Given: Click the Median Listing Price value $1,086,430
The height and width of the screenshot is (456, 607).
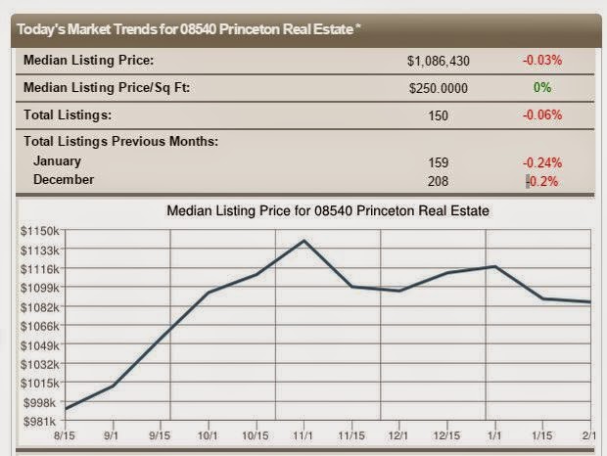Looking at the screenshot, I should pyautogui.click(x=438, y=61).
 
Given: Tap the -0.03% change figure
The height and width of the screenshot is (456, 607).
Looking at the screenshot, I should pyautogui.click(x=541, y=61).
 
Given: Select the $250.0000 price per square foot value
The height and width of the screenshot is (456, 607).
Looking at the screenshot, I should pyautogui.click(x=438, y=88).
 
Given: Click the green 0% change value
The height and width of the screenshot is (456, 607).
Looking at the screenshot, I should pyautogui.click(x=542, y=88).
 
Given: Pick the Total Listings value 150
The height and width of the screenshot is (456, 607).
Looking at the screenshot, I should pyautogui.click(x=438, y=115).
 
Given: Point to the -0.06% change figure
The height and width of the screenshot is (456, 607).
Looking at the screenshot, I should pyautogui.click(x=541, y=115).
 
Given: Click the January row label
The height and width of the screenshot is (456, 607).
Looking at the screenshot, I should pyautogui.click(x=57, y=161).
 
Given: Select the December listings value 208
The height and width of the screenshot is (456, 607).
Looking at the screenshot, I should pyautogui.click(x=438, y=180).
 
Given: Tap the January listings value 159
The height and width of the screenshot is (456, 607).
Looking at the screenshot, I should pyautogui.click(x=438, y=162).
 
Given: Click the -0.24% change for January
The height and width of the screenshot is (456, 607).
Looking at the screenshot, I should pyautogui.click(x=541, y=162).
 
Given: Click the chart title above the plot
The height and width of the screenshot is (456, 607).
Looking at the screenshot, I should pyautogui.click(x=327, y=210).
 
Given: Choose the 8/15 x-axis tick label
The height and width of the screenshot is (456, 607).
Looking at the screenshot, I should pyautogui.click(x=65, y=435).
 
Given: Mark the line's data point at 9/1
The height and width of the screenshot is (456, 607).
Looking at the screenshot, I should pyautogui.click(x=114, y=386).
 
